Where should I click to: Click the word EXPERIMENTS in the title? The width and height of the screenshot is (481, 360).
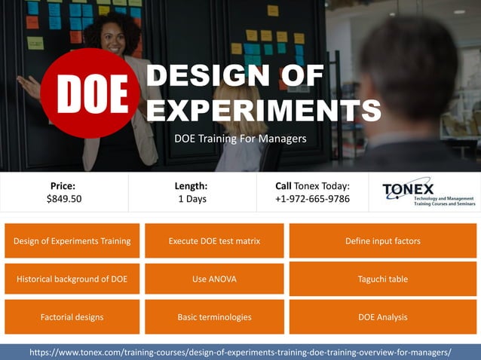tap(263, 110)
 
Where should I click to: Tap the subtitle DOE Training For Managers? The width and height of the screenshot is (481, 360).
tap(240, 139)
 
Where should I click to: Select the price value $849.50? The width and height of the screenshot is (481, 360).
tap(64, 199)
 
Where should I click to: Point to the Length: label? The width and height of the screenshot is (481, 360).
tap(191, 185)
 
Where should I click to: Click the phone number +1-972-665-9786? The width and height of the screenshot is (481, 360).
tap(312, 199)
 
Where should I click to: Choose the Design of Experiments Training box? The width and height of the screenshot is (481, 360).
tap(72, 241)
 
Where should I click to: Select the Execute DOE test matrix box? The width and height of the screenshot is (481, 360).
tap(214, 241)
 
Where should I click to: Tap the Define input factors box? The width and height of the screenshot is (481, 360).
tap(383, 241)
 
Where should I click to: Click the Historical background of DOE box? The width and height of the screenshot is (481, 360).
tap(72, 279)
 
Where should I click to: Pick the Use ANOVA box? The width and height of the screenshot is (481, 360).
tap(214, 279)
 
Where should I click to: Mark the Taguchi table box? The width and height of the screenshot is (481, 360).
tap(383, 279)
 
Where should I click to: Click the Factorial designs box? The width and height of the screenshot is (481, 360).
tap(72, 317)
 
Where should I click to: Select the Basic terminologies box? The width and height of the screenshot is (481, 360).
tap(214, 317)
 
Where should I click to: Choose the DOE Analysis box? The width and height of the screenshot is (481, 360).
tap(383, 317)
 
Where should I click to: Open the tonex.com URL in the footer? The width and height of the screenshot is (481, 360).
tap(240, 352)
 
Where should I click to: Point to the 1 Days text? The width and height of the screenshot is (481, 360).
tap(191, 199)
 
